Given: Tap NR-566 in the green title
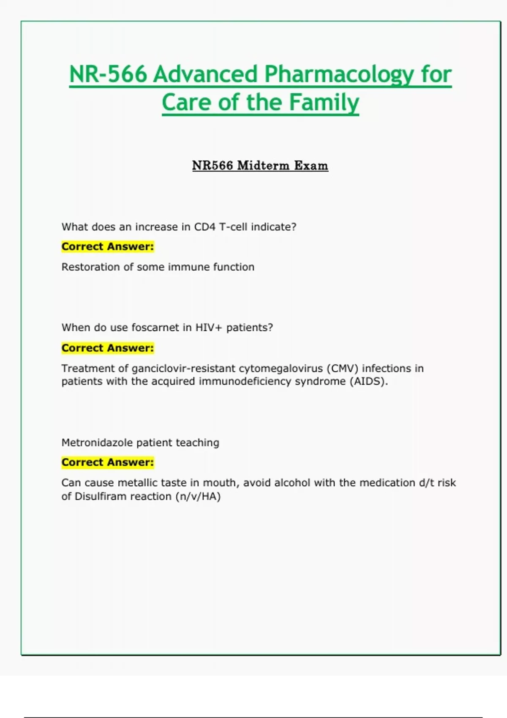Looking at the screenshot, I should (x=108, y=74).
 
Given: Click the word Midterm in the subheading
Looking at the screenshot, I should (x=262, y=165).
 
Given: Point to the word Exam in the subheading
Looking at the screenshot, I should (x=311, y=165).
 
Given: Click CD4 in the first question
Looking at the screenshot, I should (x=204, y=227).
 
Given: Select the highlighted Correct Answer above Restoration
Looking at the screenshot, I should (x=108, y=247).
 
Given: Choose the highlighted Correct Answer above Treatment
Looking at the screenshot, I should (x=108, y=348).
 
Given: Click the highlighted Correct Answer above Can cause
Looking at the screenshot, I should (x=108, y=462).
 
